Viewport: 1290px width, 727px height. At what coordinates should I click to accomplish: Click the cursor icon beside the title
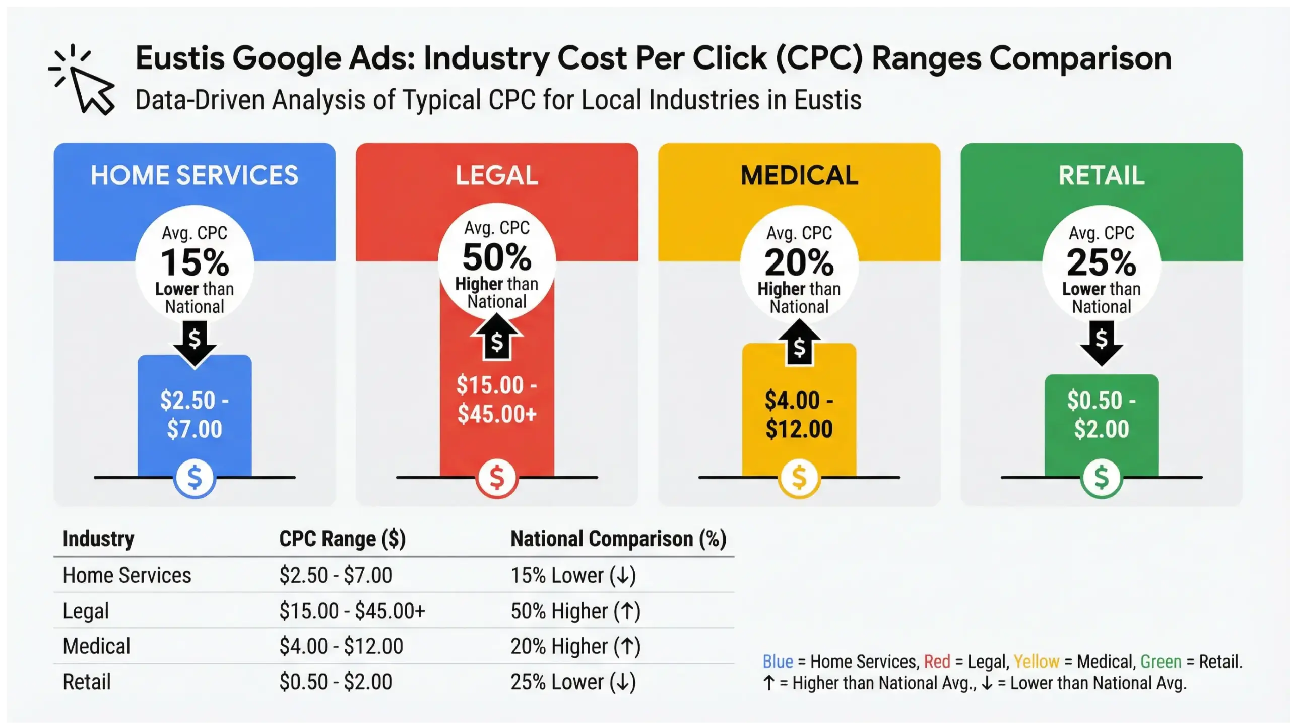coord(84,81)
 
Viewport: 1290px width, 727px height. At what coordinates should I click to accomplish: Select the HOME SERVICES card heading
coord(195,175)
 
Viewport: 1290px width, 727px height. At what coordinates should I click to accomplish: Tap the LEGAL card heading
coord(497,175)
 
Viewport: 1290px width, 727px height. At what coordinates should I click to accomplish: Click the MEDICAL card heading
coord(799,175)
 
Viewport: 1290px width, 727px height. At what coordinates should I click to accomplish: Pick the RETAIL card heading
coord(1102,175)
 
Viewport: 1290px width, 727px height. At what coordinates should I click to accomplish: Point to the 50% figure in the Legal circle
coord(497,257)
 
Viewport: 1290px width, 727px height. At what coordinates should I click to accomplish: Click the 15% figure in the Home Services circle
coord(195,262)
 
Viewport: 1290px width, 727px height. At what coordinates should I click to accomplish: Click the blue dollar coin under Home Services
coord(195,477)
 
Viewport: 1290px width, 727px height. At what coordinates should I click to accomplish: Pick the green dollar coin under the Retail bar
coord(1102,477)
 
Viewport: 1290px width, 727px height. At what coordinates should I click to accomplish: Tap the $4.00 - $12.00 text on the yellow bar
coord(799,414)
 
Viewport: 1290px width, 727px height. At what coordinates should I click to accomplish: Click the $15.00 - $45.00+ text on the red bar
coord(497,399)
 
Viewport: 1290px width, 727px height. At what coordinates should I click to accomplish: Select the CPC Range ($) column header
coord(342,539)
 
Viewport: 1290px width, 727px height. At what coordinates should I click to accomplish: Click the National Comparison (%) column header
coord(618,539)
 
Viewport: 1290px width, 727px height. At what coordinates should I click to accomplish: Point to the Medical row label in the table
coord(96,646)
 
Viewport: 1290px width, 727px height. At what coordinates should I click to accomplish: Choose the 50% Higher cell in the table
coord(575,611)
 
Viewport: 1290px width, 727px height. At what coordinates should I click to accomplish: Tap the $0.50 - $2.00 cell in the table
coord(336,682)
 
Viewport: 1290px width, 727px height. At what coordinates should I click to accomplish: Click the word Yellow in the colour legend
coord(1036,662)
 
